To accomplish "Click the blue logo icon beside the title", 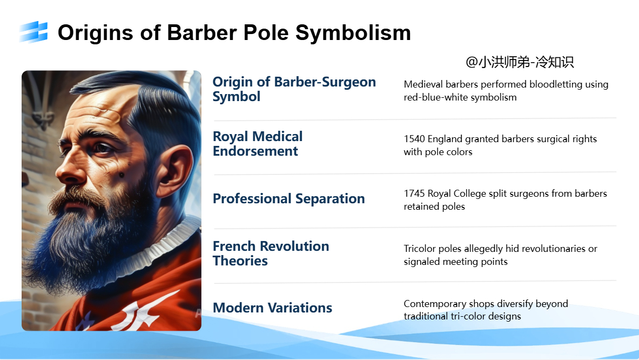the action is [x=33, y=32].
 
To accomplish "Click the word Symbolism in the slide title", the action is [x=353, y=32].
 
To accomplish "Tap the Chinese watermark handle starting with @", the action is [x=520, y=62].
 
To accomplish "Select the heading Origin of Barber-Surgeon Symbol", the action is [x=294, y=89].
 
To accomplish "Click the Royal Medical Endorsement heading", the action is [x=258, y=143].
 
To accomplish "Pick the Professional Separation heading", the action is [x=288, y=198].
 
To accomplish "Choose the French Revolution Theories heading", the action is [x=271, y=253].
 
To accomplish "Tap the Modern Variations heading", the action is [x=272, y=308].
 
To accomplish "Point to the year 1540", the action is [x=414, y=138].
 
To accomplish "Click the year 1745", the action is [x=414, y=194].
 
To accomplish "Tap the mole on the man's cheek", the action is [x=122, y=175].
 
